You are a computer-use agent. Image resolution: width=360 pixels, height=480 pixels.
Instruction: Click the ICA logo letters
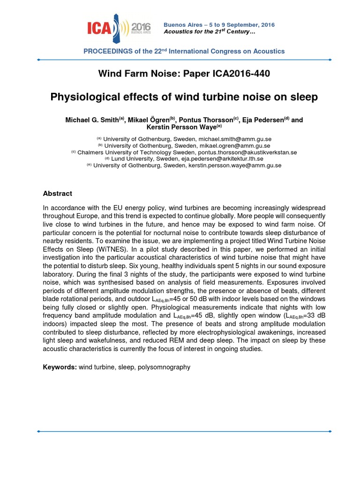click(100, 30)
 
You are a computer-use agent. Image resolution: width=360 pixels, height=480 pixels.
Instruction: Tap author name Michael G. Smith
click(92, 120)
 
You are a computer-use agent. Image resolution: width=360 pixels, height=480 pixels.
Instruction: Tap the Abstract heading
click(58, 194)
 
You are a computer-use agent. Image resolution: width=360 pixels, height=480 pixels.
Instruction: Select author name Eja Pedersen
click(262, 120)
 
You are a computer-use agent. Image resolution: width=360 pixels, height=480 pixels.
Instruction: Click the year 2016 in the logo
click(141, 26)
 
